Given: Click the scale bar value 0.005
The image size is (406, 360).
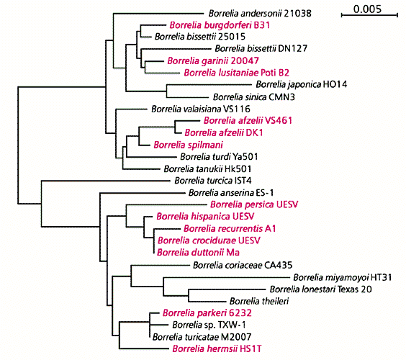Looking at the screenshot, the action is (x=367, y=9).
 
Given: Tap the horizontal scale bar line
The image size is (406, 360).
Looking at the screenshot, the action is (x=369, y=16).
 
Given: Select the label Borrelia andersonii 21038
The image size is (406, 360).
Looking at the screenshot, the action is (x=260, y=13).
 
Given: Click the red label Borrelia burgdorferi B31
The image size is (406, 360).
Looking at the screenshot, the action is (x=220, y=25).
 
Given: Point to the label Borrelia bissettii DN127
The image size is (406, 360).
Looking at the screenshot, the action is (x=261, y=48).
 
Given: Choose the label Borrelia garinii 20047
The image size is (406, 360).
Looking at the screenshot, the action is (x=213, y=61).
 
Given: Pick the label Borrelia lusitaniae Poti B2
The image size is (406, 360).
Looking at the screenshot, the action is (x=236, y=73).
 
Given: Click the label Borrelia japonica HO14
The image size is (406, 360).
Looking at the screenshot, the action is (x=302, y=84).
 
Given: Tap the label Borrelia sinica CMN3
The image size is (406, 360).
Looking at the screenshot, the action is (x=254, y=97).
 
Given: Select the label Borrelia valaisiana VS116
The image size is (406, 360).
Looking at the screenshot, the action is (x=201, y=109).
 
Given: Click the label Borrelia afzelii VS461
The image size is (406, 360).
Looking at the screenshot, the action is (x=248, y=120).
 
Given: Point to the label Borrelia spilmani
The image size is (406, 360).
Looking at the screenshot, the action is (x=188, y=145).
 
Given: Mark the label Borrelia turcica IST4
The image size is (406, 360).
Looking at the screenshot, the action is (x=213, y=181).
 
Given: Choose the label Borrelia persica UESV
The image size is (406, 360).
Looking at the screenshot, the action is (x=254, y=204).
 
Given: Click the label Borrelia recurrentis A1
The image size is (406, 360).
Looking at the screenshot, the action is (x=230, y=229).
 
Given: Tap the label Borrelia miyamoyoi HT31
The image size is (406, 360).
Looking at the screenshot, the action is (x=343, y=278).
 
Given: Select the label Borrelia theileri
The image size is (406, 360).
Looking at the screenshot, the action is (x=259, y=301).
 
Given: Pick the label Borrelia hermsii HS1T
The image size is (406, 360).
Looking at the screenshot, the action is (x=217, y=348).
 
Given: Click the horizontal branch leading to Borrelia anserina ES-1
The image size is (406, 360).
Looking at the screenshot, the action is (x=143, y=193).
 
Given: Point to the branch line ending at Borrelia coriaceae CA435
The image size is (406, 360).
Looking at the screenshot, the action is (x=161, y=265).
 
